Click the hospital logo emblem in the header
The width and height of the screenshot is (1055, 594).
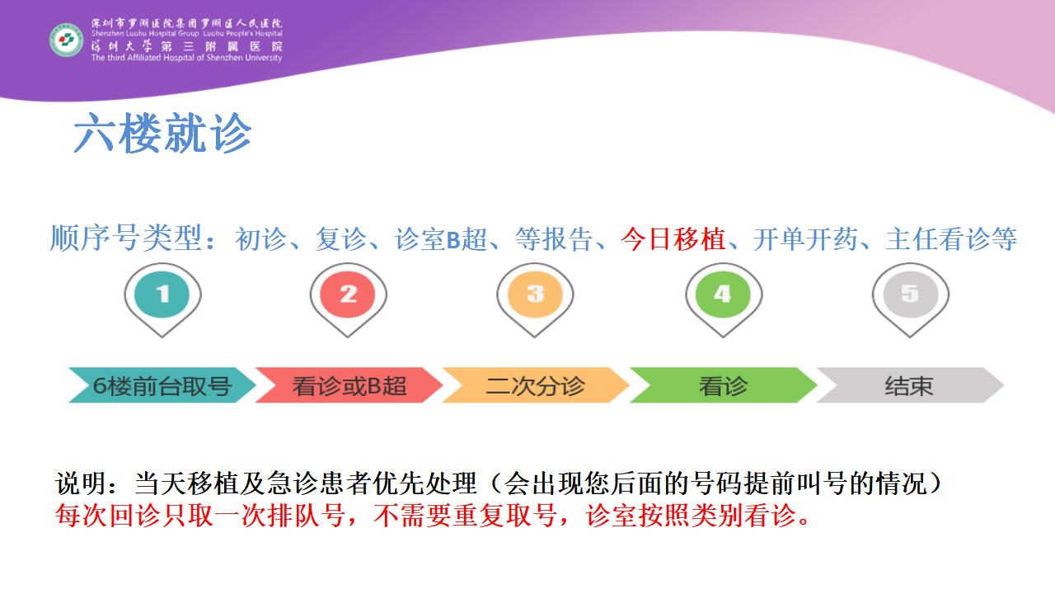67,40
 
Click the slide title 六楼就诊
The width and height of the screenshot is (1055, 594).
162,133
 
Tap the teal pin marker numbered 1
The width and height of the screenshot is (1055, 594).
162,299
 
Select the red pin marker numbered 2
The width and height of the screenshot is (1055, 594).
348,299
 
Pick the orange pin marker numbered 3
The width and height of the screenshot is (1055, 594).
535,299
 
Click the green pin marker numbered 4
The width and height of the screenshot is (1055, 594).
724,299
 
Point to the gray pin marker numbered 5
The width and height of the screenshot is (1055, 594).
911,299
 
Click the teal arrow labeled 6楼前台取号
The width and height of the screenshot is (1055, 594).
162,385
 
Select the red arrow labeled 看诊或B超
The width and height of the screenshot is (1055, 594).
349,385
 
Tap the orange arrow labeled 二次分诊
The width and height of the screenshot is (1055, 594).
536,385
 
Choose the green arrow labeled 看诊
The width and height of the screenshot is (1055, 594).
723,385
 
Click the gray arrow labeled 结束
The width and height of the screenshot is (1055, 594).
910,385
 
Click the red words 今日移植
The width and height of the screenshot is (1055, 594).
673,239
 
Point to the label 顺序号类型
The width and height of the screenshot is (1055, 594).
126,238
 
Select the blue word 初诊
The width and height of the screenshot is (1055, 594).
260,239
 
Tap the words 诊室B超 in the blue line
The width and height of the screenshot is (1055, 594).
441,239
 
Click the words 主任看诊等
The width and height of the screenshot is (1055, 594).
951,239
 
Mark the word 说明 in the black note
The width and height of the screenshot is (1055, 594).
82,483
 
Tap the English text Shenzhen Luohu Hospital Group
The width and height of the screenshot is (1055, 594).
145,34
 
